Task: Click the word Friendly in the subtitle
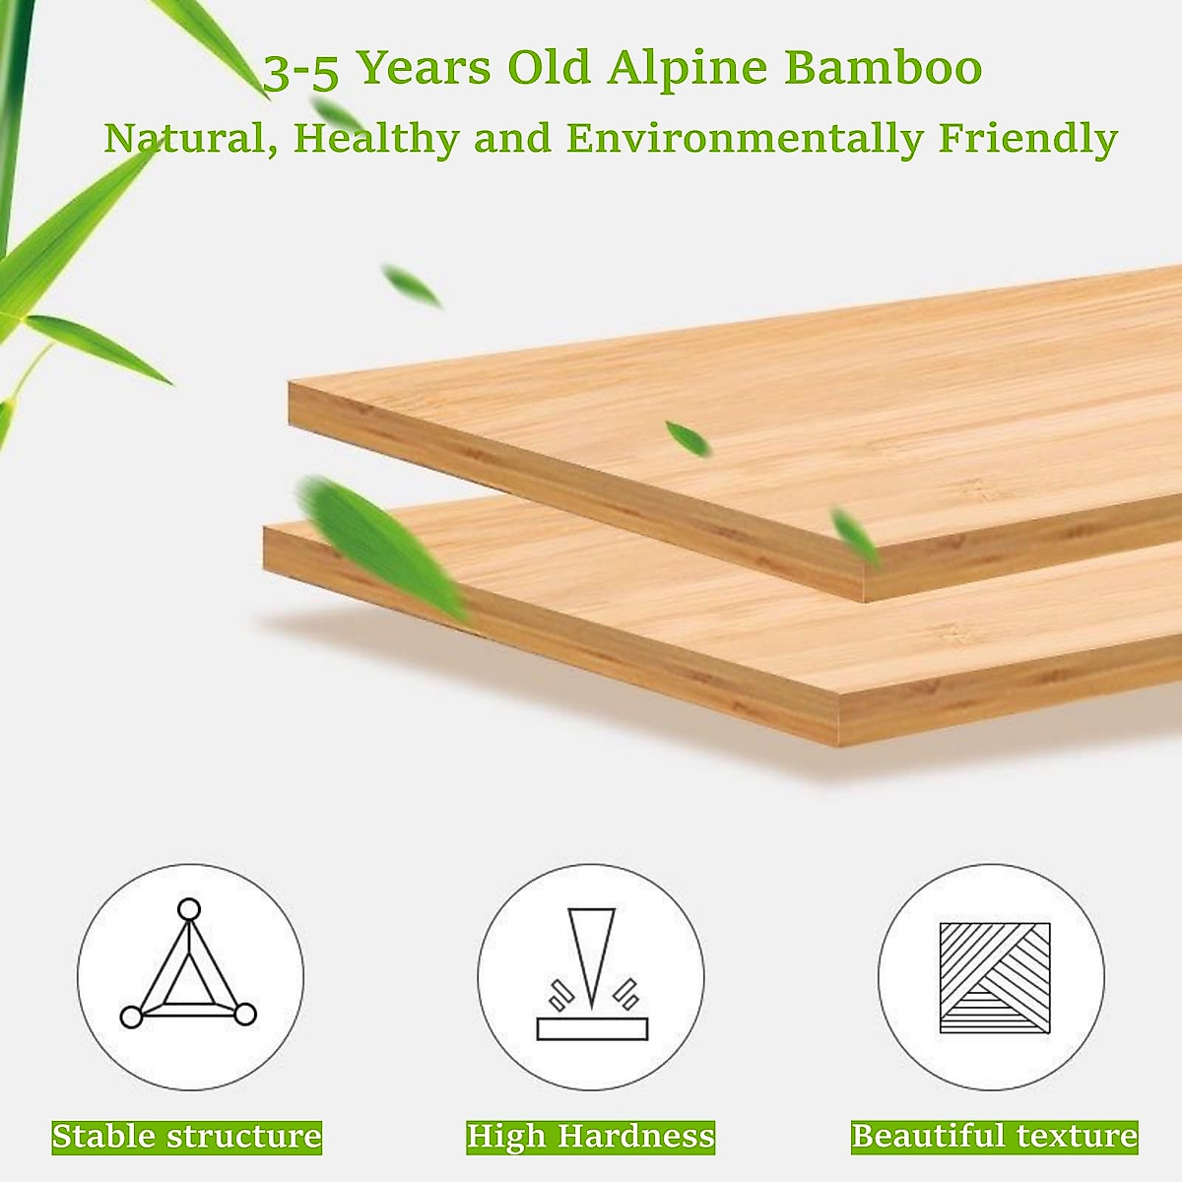(x=1027, y=139)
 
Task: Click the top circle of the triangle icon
(x=188, y=908)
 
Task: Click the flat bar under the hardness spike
(x=592, y=1028)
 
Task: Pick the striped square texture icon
(x=995, y=977)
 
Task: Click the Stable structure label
(x=187, y=1136)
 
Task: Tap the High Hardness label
(x=591, y=1136)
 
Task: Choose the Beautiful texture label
(x=994, y=1136)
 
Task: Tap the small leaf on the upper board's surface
(x=687, y=437)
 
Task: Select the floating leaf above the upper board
(x=412, y=286)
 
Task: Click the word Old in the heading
(x=551, y=69)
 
